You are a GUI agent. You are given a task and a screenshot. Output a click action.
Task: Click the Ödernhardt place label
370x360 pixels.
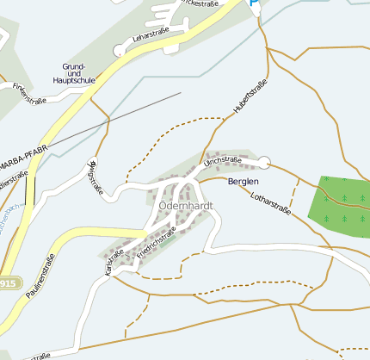tap(185, 207)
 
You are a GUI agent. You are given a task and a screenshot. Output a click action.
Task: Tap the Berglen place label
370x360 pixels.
tap(243, 183)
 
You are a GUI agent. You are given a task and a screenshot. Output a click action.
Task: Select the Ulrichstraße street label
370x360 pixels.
tap(222, 161)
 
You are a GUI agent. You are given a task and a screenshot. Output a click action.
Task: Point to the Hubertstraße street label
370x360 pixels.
tap(250, 96)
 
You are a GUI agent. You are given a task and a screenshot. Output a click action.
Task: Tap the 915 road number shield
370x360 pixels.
tap(9, 283)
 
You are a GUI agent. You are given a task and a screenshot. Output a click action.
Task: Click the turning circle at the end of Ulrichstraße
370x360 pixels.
tap(264, 162)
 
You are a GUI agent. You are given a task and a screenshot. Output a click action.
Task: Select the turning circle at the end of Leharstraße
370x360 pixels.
tap(119, 51)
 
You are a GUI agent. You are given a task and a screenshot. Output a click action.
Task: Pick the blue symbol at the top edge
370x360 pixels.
tap(255, 3)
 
